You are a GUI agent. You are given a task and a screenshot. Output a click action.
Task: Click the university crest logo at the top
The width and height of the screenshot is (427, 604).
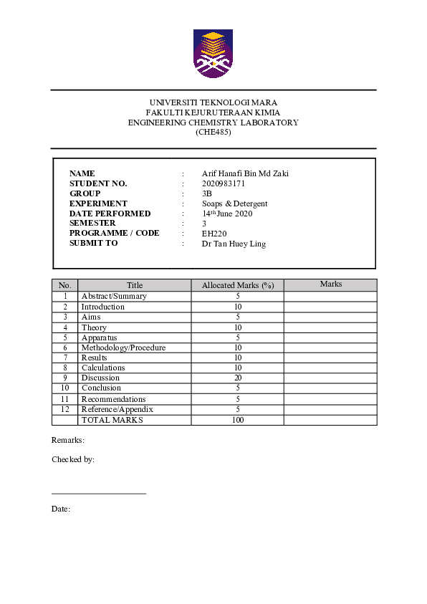(x=213, y=53)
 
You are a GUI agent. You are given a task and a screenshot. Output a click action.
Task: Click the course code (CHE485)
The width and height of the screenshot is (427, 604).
(x=213, y=132)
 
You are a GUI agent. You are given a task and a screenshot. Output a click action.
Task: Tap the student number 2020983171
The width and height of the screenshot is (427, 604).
(x=224, y=183)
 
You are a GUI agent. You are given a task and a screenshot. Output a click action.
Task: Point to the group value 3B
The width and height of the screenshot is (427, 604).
(x=207, y=193)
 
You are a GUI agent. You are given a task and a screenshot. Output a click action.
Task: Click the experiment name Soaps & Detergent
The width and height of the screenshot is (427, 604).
(x=234, y=203)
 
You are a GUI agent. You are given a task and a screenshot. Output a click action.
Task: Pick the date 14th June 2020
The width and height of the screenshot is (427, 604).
(x=227, y=214)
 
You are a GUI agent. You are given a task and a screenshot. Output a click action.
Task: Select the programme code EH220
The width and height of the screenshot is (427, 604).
(x=214, y=233)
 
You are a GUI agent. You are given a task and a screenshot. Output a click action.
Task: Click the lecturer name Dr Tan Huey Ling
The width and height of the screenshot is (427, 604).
(x=234, y=243)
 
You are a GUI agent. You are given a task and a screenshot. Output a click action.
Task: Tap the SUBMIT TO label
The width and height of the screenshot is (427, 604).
(x=93, y=243)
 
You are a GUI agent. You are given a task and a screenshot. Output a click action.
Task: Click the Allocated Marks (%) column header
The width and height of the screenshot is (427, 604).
(x=238, y=285)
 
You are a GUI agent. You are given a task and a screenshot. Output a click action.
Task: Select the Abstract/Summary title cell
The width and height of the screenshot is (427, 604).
(x=114, y=296)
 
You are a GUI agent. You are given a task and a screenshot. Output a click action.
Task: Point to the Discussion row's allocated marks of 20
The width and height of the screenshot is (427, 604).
(x=238, y=378)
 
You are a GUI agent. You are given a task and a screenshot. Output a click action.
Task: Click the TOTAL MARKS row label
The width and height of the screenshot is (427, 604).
(x=112, y=420)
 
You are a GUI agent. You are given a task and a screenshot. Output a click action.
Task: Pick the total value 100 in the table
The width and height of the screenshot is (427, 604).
(x=238, y=420)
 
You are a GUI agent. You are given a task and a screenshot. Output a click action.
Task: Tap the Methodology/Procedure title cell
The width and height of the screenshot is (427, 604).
(x=123, y=347)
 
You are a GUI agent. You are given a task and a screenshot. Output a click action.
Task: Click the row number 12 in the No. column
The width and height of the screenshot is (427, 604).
(x=64, y=409)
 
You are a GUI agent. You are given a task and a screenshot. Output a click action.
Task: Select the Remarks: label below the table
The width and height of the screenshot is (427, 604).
(x=68, y=440)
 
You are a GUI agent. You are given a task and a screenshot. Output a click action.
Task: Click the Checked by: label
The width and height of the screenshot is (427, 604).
(x=73, y=460)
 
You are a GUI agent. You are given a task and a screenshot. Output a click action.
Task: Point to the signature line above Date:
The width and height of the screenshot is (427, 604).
(x=99, y=494)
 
